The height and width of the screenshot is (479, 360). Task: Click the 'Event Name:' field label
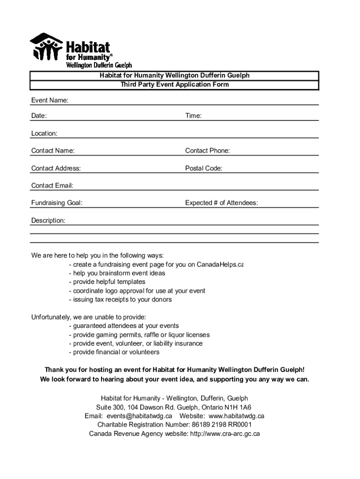pos(50,101)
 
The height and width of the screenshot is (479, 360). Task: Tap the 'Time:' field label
pos(194,116)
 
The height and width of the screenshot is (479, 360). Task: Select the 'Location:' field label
pos(44,133)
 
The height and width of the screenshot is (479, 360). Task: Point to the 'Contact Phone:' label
pos(208,151)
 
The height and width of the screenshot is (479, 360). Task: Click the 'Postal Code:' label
pos(204,168)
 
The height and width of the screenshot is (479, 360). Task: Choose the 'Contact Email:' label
pos(52,186)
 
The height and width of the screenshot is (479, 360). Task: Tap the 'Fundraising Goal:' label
pos(57,203)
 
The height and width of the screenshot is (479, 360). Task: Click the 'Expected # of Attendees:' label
pos(222,203)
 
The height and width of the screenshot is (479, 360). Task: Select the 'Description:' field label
pos(48,220)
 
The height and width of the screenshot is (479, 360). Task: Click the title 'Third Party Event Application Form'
pos(175,85)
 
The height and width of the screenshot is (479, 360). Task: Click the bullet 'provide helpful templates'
pos(107,282)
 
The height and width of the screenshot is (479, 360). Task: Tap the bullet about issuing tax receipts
pos(120,299)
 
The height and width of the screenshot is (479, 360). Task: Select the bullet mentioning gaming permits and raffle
pos(139,335)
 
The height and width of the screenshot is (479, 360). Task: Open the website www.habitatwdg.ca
pos(237,416)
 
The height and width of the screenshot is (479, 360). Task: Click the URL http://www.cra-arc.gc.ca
pos(224,434)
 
